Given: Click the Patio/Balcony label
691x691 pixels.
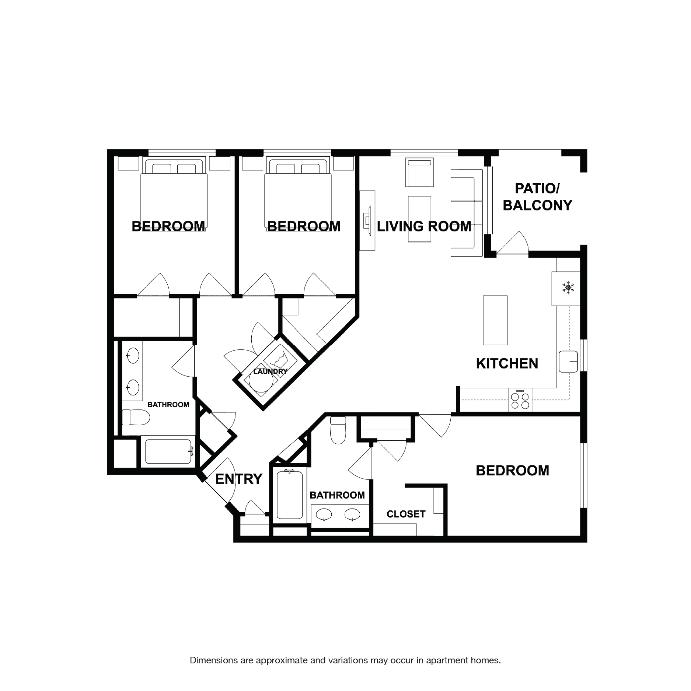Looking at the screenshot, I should click(537, 197).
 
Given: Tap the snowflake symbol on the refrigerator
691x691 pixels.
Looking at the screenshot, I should click(568, 288).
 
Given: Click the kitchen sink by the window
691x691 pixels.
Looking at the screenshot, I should click(568, 362).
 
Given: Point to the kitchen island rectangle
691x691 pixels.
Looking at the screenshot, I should click(495, 320).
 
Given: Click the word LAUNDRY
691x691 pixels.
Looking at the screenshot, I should click(270, 371).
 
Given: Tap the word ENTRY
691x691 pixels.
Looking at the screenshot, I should click(238, 479).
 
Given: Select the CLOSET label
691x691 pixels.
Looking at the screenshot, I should click(406, 514).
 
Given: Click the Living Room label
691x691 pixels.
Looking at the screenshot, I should click(424, 226).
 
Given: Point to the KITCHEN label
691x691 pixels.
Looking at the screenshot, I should click(507, 364).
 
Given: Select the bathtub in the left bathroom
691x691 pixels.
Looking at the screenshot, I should click(168, 451).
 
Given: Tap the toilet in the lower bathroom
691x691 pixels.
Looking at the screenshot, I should click(338, 430).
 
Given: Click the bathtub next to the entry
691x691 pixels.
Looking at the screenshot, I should click(290, 495).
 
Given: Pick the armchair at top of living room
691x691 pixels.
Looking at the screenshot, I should click(419, 172).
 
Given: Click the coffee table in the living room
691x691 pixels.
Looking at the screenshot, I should click(419, 219).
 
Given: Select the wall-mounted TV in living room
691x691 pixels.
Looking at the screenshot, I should click(367, 220).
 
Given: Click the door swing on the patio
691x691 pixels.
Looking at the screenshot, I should click(513, 243).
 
